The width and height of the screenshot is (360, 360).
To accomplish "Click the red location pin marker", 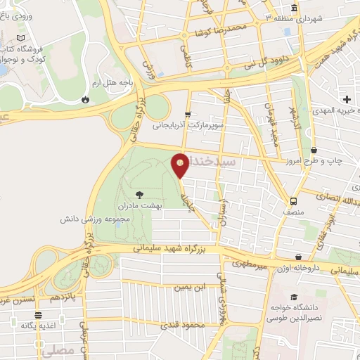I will point(181,165).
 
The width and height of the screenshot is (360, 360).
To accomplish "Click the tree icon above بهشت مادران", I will point(139,193).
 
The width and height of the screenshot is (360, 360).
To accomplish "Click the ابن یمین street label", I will point(191,287).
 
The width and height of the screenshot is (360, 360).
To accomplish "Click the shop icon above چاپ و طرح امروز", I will point(313,150).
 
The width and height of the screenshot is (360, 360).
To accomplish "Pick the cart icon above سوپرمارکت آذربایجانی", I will point(187,113).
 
